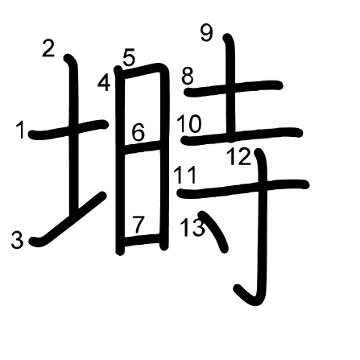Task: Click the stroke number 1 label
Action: coord(21,130)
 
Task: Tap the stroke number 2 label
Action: coord(48,48)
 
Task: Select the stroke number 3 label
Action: coord(17,240)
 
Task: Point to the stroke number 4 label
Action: coord(104,83)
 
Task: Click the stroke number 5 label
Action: coord(129,57)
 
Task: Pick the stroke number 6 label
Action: coord(139,132)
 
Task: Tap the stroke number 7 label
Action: coord(139,225)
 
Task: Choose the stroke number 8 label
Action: coord(188,76)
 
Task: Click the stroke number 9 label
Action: coord(207,33)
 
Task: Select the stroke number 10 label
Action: coord(189,124)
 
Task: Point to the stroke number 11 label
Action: coord(185,175)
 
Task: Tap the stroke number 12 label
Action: coord(239,157)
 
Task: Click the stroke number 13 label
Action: coord(192,227)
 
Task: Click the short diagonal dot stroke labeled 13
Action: coord(215,231)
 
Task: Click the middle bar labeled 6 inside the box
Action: coord(143,147)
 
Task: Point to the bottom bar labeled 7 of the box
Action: coord(143,240)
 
